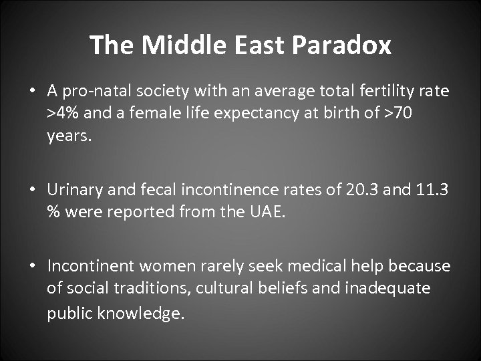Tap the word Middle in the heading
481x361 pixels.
172,45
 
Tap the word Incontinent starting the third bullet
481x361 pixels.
88,267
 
